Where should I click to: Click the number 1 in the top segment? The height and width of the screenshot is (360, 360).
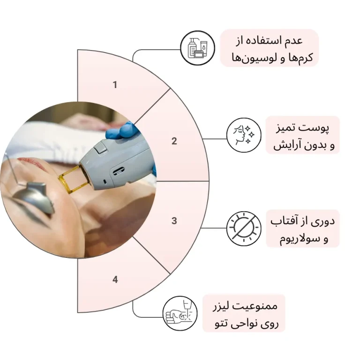point(115,85)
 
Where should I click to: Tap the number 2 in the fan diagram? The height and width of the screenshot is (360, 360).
point(174,141)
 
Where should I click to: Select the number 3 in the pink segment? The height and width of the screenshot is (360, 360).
point(174,220)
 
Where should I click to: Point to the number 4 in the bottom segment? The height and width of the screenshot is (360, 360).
point(115,279)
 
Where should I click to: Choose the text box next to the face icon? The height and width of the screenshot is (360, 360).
point(303,135)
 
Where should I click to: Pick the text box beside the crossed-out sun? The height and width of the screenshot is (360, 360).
point(303,228)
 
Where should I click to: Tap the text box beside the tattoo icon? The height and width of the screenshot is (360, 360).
point(243,313)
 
